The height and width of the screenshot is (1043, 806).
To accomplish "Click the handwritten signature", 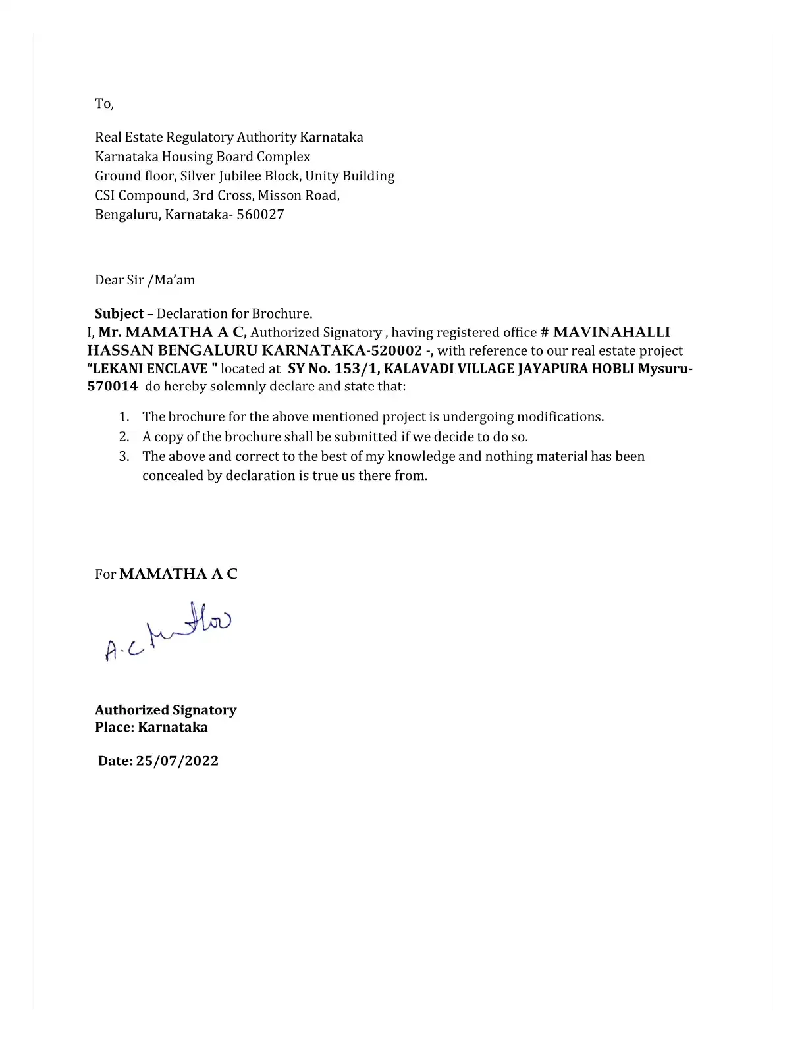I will (167, 633).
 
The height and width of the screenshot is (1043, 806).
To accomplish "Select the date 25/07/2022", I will (177, 761).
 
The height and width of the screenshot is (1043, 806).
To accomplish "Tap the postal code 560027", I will (260, 214).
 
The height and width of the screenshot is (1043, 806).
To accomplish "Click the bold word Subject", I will (119, 313).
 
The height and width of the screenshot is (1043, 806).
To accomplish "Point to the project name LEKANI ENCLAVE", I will (151, 369).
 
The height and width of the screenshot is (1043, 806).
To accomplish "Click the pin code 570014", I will (112, 386).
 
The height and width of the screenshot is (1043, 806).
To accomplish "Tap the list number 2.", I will (123, 437).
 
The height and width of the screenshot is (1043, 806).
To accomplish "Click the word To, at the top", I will (104, 103).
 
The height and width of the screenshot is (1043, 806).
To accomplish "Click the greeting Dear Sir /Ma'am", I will (145, 280).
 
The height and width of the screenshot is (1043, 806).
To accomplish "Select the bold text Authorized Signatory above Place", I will (165, 710).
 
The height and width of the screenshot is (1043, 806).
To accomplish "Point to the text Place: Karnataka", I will (151, 727).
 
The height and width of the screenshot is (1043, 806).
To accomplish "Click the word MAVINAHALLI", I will (612, 333).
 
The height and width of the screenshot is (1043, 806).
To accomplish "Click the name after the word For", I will (178, 574).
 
